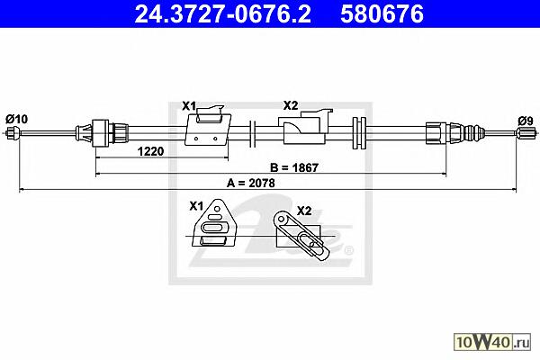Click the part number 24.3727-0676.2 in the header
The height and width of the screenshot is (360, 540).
point(223,14)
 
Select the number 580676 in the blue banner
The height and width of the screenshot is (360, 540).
point(382,14)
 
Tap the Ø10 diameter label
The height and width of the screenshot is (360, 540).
point(16,119)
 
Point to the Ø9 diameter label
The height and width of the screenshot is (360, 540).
point(526,121)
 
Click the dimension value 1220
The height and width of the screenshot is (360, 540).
point(150,151)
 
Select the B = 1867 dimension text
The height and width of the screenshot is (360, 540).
point(294,167)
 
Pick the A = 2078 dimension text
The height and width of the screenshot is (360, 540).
point(251,183)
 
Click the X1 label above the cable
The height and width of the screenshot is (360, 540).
point(189,106)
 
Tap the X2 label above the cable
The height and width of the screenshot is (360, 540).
point(291,105)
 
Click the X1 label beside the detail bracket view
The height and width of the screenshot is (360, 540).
point(196,206)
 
